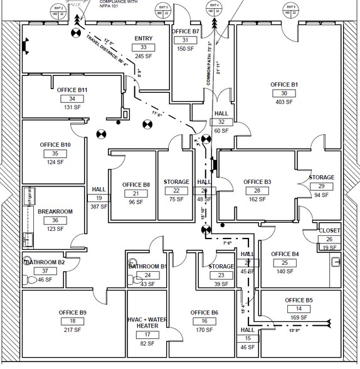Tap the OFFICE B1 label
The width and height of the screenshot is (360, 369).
[x=284, y=84]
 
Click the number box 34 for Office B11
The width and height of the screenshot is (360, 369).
[x=72, y=99]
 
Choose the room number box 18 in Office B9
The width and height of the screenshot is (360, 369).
[x=72, y=321]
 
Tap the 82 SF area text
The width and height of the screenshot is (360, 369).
[x=147, y=343]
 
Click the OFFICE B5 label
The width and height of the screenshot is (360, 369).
[x=299, y=300]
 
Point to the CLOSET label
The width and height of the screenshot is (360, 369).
[x=329, y=230]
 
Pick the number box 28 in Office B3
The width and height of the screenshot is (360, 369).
[x=257, y=190]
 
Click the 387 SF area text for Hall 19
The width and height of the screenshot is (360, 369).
[x=100, y=206]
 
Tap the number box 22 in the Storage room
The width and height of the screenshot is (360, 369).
[x=176, y=191]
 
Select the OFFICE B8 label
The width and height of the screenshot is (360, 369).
[x=136, y=184]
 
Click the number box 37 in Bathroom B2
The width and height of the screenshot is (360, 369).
[x=45, y=270]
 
